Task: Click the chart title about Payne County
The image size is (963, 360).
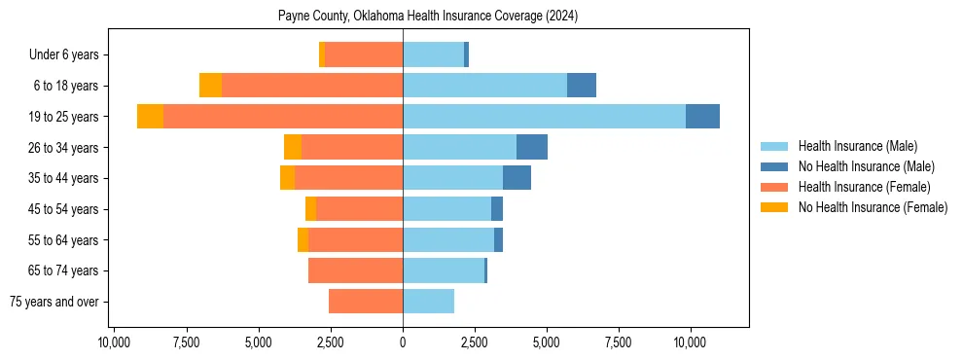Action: [428, 17]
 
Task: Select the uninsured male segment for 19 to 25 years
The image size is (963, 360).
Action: [702, 117]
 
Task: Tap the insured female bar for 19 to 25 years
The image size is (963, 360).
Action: [283, 117]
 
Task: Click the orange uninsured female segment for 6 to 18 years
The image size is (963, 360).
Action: [210, 86]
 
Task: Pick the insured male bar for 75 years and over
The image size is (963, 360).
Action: [428, 302]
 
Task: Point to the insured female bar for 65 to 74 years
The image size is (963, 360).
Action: [355, 270]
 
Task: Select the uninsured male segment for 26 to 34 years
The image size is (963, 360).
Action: [532, 147]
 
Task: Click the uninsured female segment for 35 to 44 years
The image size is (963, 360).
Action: [287, 178]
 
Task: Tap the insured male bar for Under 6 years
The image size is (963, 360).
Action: [433, 54]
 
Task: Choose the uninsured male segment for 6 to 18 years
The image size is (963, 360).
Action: [582, 86]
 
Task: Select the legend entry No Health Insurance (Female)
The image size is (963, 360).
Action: [873, 207]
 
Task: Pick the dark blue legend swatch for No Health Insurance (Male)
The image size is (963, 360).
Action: [774, 166]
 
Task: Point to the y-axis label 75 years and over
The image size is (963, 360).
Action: [54, 302]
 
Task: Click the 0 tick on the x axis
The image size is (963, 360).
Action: [403, 342]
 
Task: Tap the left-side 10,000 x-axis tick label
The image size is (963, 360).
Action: [115, 342]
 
